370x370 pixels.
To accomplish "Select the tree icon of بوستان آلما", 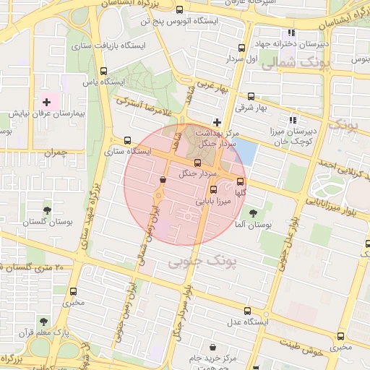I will [x=253, y=213].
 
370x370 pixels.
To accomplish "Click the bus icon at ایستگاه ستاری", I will [x=128, y=141].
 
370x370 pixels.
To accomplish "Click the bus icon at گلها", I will [x=240, y=182].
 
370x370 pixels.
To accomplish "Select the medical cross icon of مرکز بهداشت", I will [x=217, y=121].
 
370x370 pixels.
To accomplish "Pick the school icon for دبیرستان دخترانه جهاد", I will [x=291, y=33].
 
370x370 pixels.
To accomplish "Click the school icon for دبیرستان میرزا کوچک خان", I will [x=293, y=120].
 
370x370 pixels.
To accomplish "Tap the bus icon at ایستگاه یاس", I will [x=103, y=71].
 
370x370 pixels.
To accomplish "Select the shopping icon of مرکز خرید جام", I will [x=212, y=347].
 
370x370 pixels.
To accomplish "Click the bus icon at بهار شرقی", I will [x=251, y=96].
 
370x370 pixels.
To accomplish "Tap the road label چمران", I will [x=54, y=152].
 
